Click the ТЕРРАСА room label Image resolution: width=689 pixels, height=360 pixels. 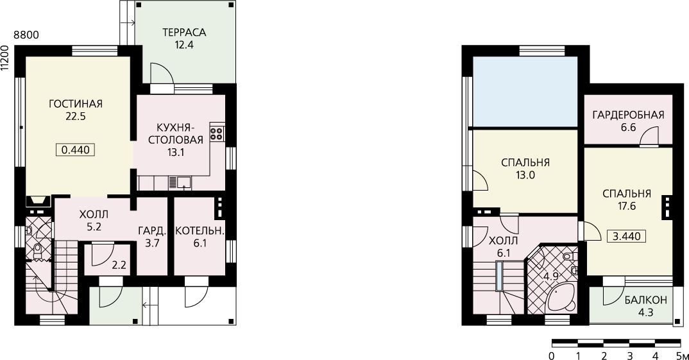click(x=184, y=33)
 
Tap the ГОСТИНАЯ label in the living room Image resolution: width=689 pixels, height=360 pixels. click(x=76, y=104)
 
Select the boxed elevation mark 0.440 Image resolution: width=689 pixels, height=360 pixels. click(x=76, y=150)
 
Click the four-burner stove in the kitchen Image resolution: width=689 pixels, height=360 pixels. click(x=217, y=133)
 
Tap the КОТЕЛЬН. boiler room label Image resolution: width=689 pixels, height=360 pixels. click(x=200, y=231)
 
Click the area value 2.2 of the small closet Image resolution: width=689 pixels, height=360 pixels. click(x=119, y=266)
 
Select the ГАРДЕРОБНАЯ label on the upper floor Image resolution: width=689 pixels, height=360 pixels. click(x=628, y=116)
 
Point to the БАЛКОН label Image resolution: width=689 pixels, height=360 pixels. click(x=646, y=300)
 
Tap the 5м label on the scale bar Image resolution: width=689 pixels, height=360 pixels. click(x=681, y=355)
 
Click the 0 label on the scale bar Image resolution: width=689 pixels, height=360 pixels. click(x=552, y=355)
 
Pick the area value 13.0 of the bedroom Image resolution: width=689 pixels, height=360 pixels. click(x=525, y=175)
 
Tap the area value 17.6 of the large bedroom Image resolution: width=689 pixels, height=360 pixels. click(x=627, y=206)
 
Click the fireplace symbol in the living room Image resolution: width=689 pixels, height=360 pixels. click(x=38, y=201)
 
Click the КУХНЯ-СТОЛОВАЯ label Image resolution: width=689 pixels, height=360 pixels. click(x=176, y=134)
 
